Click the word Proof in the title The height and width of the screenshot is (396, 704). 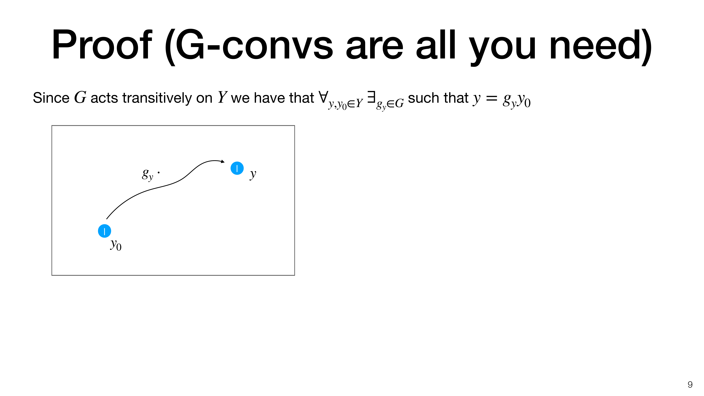click(102, 44)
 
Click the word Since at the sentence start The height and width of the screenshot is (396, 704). click(51, 98)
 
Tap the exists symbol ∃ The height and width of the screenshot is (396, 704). click(371, 97)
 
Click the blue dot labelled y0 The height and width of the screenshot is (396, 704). click(104, 231)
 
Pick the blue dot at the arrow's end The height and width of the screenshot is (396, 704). click(237, 168)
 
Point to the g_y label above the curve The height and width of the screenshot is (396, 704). click(148, 174)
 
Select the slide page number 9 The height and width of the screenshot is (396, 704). click(690, 385)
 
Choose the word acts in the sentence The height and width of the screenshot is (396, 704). click(104, 98)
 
